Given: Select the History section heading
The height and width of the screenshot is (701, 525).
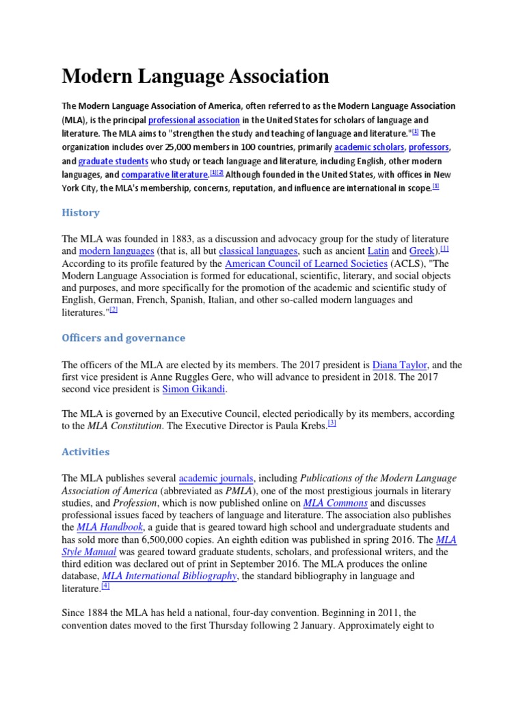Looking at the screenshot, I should pyautogui.click(x=81, y=212).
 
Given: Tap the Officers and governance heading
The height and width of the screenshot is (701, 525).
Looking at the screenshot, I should pyautogui.click(x=124, y=338).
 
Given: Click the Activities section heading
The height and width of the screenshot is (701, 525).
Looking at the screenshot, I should pyautogui.click(x=85, y=452).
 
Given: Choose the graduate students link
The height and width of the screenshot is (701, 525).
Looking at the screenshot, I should pyautogui.click(x=113, y=161).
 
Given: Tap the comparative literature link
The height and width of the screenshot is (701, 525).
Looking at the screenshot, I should pyautogui.click(x=165, y=175).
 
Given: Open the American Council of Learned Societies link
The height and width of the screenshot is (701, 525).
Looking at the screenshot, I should pyautogui.click(x=306, y=264).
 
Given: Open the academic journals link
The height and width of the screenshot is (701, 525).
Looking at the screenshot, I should pyautogui.click(x=216, y=478).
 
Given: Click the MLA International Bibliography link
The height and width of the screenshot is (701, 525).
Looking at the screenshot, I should pyautogui.click(x=169, y=576).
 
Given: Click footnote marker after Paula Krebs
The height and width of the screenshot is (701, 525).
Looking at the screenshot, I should pyautogui.click(x=332, y=424).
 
